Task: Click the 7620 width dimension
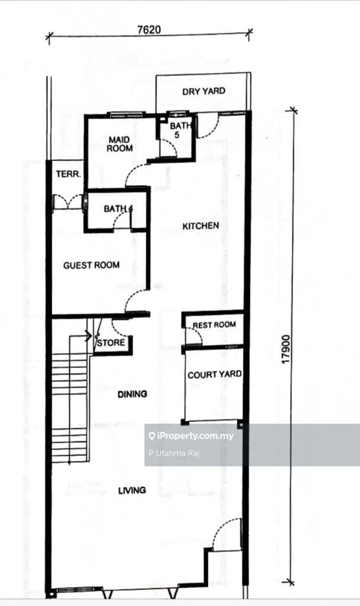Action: point(149,30)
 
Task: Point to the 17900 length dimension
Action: point(286,349)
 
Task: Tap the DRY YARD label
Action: point(204,91)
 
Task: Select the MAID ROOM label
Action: point(120,144)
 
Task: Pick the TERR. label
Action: point(69,175)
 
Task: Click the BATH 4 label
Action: point(118,209)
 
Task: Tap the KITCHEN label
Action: point(201,225)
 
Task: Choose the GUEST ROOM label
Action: point(91,265)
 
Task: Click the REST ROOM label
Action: point(214,325)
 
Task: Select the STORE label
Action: point(111,343)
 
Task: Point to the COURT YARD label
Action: point(214,375)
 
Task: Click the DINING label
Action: point(132,394)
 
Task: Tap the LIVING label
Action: point(132,491)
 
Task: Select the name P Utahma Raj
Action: point(173,453)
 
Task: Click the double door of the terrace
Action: point(68,201)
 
